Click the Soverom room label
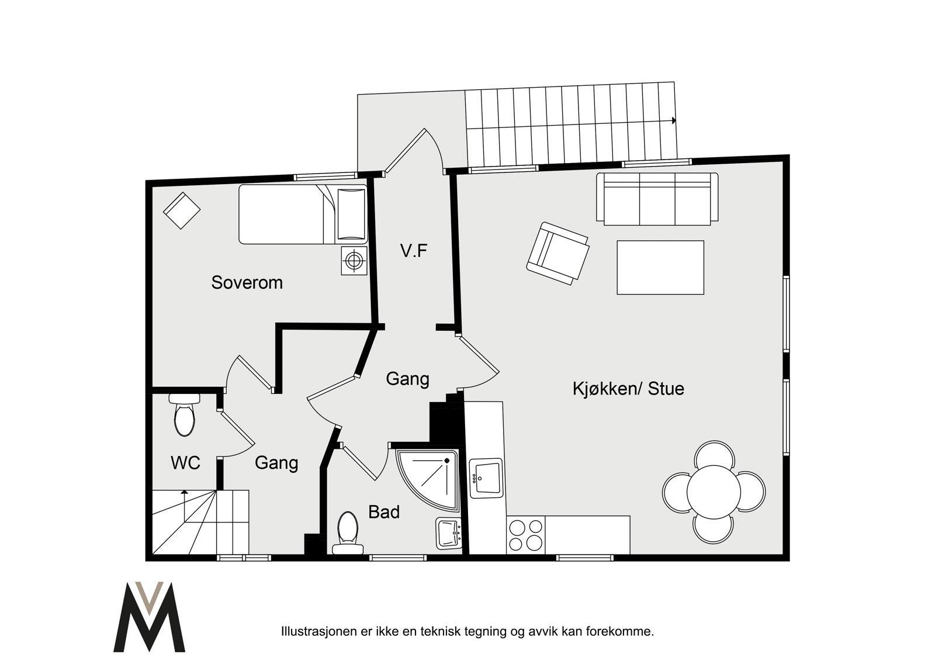[x=247, y=283]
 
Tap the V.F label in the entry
[x=414, y=251]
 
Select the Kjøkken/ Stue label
[x=628, y=389]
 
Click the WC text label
[x=185, y=463]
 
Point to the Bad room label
[x=384, y=513]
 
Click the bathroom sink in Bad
[x=449, y=533]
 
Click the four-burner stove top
[x=525, y=535]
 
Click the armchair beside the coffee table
[x=557, y=253]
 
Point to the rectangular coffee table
[x=660, y=267]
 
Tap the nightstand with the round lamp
[x=354, y=260]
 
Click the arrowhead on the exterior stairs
[x=674, y=121]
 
